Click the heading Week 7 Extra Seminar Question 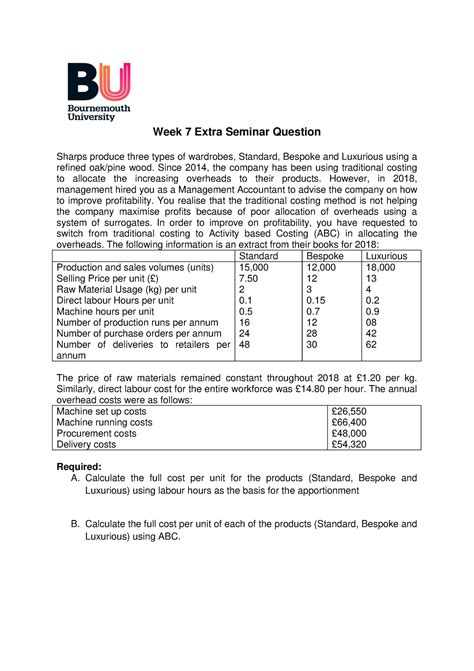click(237, 132)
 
